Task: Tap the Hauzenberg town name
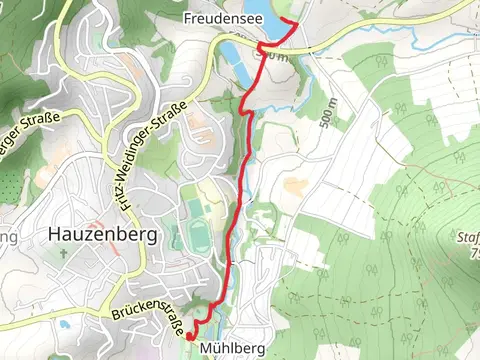coord(103,235)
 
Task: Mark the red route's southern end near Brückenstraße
coord(188,338)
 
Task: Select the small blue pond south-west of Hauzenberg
coord(65,324)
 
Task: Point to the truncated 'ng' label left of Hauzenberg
coord(9,237)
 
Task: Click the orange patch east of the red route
coord(294,185)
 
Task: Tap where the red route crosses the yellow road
coord(262,46)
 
